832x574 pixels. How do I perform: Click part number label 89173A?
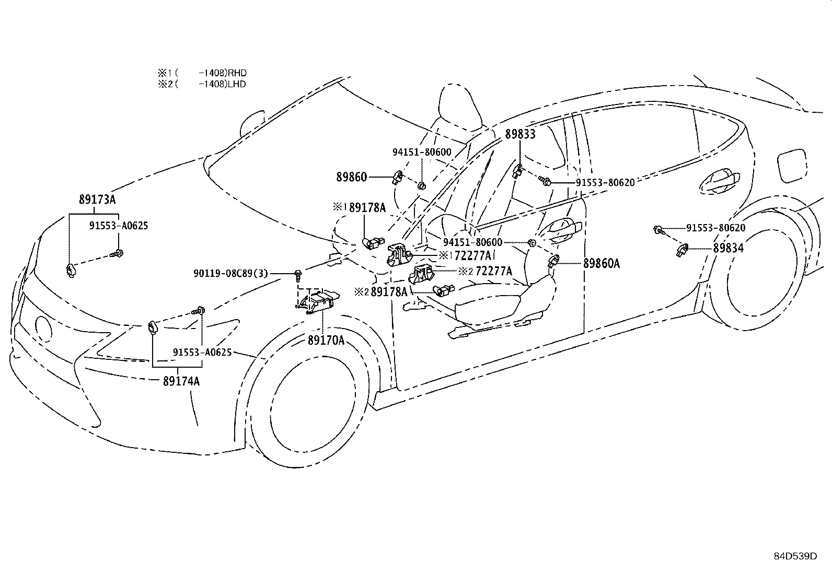[97, 200]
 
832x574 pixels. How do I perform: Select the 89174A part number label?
[181, 381]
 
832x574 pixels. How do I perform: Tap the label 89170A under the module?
[326, 340]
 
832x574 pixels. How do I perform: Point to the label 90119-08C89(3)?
[230, 274]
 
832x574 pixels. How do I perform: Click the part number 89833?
[520, 134]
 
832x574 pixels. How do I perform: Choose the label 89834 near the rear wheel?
[729, 248]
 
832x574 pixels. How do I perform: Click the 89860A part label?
[602, 263]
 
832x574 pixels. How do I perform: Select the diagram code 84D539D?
[795, 556]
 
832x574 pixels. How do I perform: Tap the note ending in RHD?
[202, 73]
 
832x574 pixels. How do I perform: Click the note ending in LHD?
[202, 84]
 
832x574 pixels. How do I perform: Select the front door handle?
[561, 229]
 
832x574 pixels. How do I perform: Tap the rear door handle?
[719, 182]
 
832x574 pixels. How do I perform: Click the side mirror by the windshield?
[252, 123]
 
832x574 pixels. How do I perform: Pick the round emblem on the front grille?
[44, 328]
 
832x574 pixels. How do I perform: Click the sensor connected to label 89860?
[397, 177]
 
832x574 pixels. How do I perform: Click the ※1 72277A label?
[466, 255]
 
